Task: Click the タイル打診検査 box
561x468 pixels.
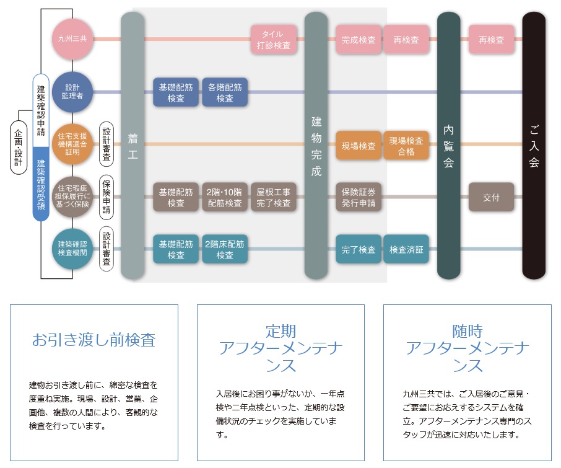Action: (x=274, y=39)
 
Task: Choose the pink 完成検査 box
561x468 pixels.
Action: (x=359, y=40)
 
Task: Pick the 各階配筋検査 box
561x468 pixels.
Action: (x=225, y=93)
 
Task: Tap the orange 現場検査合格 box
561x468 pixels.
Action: (x=406, y=146)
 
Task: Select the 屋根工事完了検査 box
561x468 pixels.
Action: (x=274, y=198)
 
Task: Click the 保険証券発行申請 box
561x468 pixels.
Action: (x=359, y=198)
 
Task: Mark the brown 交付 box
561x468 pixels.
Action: (x=491, y=198)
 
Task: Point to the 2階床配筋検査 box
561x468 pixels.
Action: (x=225, y=250)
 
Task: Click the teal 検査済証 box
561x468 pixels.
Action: (x=406, y=250)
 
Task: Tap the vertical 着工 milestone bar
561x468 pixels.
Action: (x=133, y=146)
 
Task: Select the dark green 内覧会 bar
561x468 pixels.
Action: (x=449, y=146)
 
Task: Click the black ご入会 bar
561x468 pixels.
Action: (x=534, y=146)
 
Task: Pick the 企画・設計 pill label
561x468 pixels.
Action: (x=19, y=149)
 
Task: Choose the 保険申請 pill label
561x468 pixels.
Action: (x=107, y=198)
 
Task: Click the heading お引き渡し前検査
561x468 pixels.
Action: (x=94, y=340)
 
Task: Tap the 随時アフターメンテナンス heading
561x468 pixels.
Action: (x=467, y=348)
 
